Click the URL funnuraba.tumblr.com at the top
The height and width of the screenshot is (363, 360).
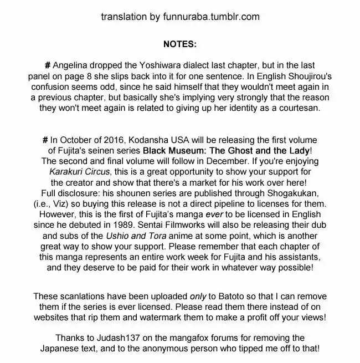213,17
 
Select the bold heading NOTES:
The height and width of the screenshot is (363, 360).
179,44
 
